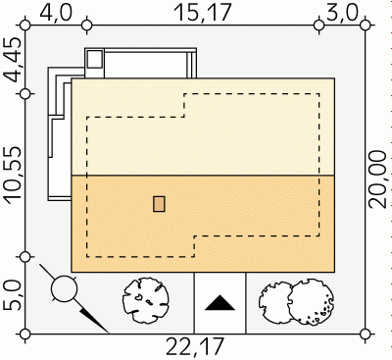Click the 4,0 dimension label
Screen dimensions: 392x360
pos(56,14)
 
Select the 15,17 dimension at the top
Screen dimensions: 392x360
pos(203,13)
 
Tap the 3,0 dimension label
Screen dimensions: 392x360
pos(342,14)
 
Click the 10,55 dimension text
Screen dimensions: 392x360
pos(13,176)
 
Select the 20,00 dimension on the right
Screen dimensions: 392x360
pos(378,180)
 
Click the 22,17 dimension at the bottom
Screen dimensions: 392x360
pos(195,346)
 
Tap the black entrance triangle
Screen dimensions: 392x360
pos(220,303)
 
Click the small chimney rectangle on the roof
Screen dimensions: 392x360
pos(159,204)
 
